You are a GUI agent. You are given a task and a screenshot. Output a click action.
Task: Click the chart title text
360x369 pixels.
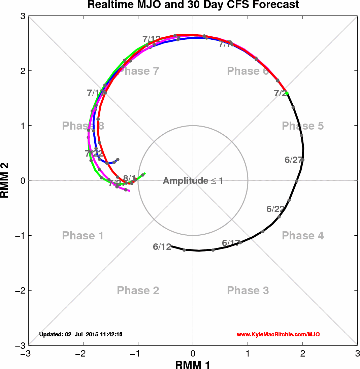[193, 5]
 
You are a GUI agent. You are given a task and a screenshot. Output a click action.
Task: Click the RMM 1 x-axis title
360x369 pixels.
[193, 364]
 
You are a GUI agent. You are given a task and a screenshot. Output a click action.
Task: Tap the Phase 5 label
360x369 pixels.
[302, 126]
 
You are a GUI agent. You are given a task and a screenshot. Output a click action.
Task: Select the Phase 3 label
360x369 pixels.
[248, 290]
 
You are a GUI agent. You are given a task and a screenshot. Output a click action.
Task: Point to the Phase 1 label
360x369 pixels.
[83, 236]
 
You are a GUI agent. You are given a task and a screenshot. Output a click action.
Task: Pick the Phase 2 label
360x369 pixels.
[138, 290]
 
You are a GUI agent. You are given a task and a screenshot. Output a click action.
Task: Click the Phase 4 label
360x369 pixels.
[302, 236]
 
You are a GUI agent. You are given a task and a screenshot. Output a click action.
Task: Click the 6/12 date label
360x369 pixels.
[162, 247]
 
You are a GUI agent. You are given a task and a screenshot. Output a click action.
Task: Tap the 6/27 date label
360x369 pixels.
[294, 160]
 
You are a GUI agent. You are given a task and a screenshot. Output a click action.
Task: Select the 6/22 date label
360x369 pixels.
[275, 209]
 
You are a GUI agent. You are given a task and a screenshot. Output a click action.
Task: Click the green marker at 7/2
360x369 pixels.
[287, 93]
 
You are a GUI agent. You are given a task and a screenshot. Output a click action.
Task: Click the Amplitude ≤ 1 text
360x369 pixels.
[193, 181]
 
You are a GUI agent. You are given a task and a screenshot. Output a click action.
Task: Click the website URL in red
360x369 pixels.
[278, 335]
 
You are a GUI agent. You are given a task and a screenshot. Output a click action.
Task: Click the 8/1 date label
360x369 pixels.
[129, 178]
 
